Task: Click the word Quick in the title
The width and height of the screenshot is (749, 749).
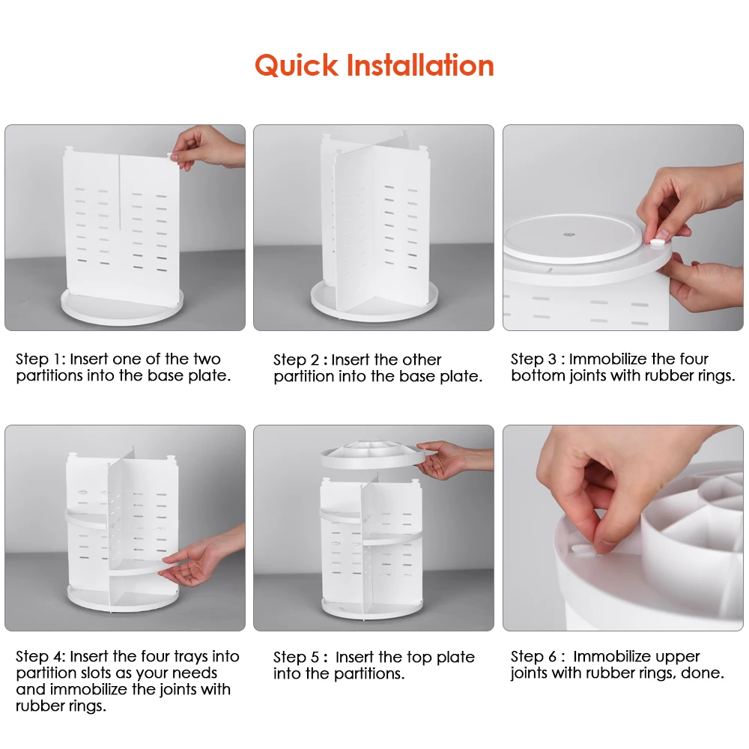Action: point(296,66)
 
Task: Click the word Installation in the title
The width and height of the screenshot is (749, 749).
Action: point(420,65)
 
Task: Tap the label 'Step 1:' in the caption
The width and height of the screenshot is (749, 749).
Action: point(40,359)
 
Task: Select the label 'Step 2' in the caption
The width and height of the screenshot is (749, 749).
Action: point(296,360)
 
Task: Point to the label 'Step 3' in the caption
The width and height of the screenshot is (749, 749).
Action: point(533,359)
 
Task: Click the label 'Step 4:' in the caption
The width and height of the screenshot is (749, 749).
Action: point(40,656)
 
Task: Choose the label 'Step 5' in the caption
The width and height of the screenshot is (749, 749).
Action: point(296,658)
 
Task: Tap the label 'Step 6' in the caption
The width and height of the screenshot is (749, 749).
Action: point(533,656)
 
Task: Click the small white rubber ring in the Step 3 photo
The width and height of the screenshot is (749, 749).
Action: point(658,242)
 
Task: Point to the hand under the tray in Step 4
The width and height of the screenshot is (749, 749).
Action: point(201,557)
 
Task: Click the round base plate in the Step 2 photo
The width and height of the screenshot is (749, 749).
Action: point(374,301)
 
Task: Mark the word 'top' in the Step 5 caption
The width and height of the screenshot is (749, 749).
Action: point(419,658)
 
